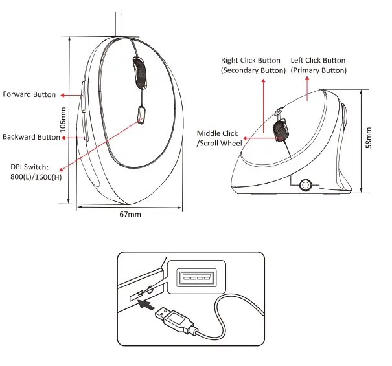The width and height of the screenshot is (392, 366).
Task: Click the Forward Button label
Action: [29, 95]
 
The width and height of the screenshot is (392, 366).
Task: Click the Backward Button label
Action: [31, 137]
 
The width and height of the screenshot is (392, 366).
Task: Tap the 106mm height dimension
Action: [63, 120]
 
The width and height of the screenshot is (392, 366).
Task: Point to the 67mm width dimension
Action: [130, 214]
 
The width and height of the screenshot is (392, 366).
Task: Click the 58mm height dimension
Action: [369, 138]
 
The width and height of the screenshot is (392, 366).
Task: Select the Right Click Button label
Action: [251, 65]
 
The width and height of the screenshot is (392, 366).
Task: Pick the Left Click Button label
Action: [318, 65]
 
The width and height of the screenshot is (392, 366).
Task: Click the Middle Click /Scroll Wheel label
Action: [220, 138]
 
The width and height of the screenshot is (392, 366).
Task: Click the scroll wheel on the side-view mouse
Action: [281, 129]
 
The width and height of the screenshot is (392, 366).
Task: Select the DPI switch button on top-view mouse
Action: [141, 115]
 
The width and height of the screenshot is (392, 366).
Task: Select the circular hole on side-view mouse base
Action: [305, 186]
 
